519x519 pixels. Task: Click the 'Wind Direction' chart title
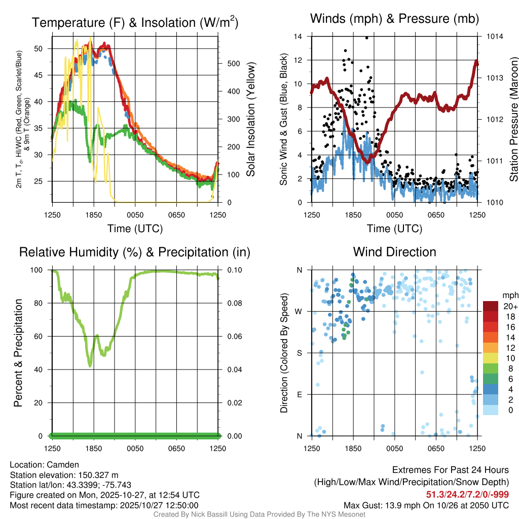[394, 252]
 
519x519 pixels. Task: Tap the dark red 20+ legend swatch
[491, 307]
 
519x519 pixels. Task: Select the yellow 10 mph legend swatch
[491, 358]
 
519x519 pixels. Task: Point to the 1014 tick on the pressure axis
[495, 36]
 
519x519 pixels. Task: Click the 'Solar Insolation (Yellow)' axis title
[250, 119]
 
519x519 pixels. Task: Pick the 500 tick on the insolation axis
[233, 64]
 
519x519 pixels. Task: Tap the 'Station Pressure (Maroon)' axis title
[513, 119]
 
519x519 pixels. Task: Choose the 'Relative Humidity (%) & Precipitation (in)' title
[135, 252]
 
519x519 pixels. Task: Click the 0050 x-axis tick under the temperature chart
[135, 215]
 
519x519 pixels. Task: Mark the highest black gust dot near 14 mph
[366, 38]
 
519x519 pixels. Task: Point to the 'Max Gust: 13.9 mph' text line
[426, 505]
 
